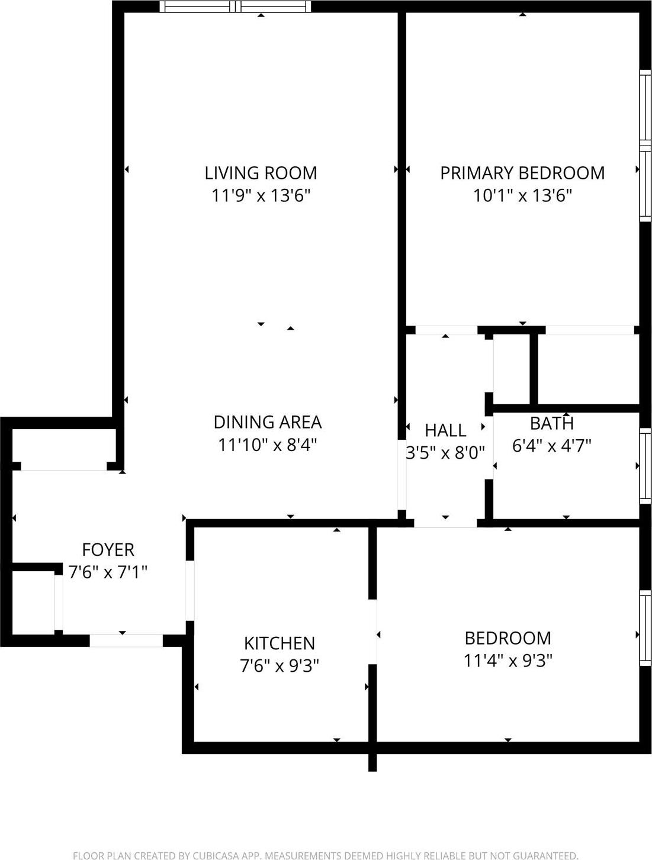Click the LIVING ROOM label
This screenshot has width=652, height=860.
click(x=261, y=173)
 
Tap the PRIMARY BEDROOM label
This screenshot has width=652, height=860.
click(x=522, y=173)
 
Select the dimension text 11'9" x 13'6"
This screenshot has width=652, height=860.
click(x=261, y=195)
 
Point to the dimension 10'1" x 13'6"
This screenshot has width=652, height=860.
click(x=522, y=195)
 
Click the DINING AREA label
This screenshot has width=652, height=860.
click(x=267, y=422)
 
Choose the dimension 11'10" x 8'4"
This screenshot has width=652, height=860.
click(x=267, y=445)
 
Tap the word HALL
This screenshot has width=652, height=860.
click(x=445, y=430)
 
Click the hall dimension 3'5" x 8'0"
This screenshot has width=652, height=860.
click(x=445, y=453)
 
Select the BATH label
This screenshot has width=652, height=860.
click(x=551, y=423)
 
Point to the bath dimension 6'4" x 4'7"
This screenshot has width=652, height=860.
click(x=551, y=446)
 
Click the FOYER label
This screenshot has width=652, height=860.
click(x=108, y=550)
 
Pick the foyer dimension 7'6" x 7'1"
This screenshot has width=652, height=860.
click(x=108, y=572)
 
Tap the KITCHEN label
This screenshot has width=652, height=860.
click(x=279, y=643)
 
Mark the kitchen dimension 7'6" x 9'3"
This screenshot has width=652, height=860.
click(x=279, y=666)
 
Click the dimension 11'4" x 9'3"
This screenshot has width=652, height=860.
click(x=508, y=660)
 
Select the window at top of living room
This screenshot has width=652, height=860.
click(x=236, y=7)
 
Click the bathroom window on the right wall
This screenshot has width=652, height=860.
click(x=645, y=466)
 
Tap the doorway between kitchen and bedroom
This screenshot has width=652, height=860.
click(x=373, y=632)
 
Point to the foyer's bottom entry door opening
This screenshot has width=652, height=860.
click(x=126, y=640)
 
